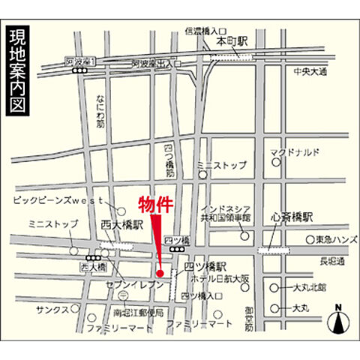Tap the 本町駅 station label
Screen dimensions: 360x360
click(232, 43)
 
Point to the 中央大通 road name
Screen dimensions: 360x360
click(310, 72)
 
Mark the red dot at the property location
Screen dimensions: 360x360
click(160, 272)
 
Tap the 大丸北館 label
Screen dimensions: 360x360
click(308, 287)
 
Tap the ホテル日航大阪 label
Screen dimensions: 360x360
click(219, 280)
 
